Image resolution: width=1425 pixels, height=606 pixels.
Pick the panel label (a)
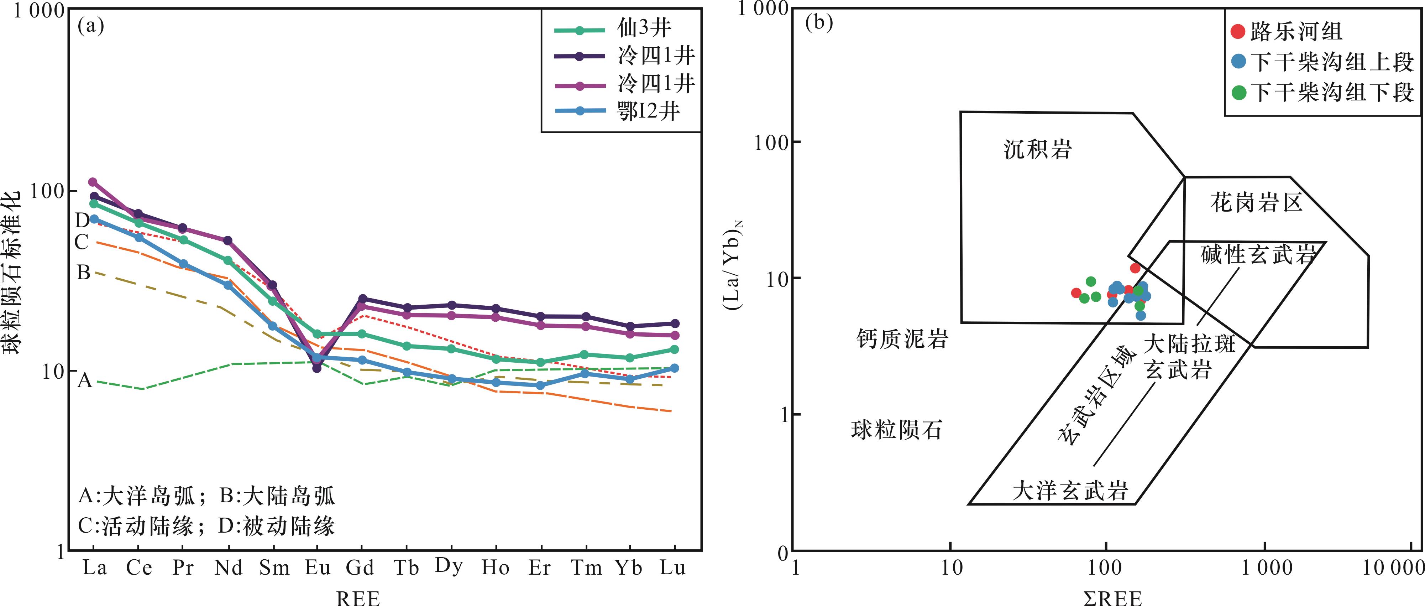pyautogui.click(x=91, y=25)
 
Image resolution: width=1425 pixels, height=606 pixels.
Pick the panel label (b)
pyautogui.click(x=819, y=23)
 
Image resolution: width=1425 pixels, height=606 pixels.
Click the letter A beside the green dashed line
pyautogui.click(x=84, y=381)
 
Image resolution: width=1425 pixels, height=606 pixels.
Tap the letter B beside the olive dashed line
pyautogui.click(x=83, y=272)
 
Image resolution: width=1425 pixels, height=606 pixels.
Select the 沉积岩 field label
pyautogui.click(x=1038, y=149)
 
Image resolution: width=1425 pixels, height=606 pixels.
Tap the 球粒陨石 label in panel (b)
pyautogui.click(x=896, y=429)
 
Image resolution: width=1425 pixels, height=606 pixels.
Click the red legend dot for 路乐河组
pyautogui.click(x=1238, y=32)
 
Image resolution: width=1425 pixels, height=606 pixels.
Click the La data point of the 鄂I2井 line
pyautogui.click(x=94, y=219)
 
